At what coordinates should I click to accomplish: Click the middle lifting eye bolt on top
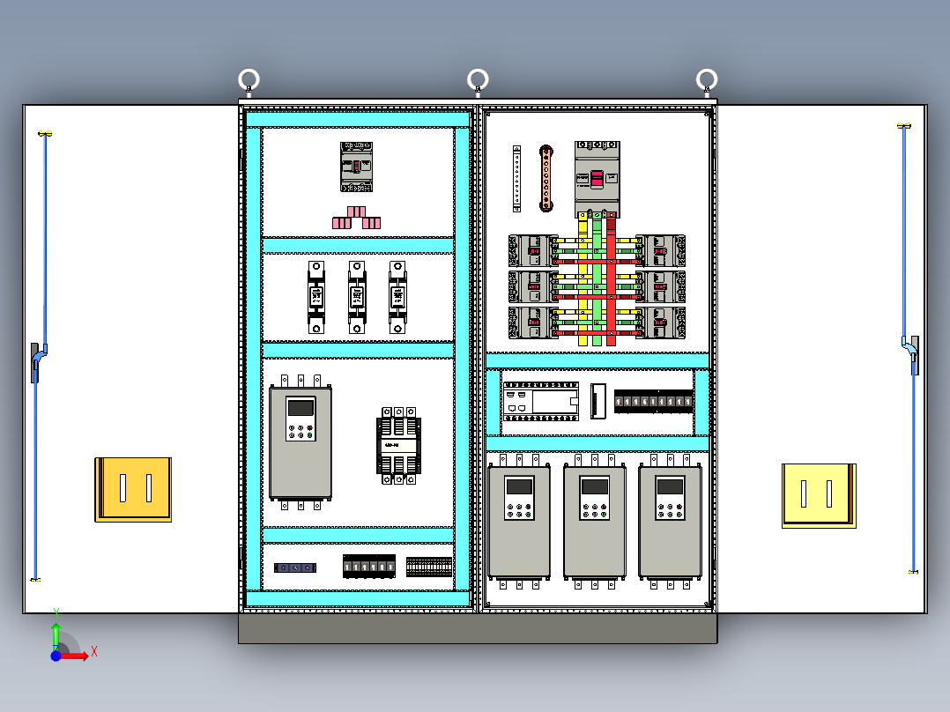click(478, 80)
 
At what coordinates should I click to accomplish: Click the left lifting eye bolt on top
click(249, 81)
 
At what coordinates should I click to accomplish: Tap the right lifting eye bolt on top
click(707, 80)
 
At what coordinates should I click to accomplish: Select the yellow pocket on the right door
click(819, 495)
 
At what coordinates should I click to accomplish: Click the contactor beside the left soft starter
click(398, 445)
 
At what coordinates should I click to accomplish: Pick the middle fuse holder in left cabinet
click(356, 297)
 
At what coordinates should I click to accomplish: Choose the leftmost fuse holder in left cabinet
click(316, 297)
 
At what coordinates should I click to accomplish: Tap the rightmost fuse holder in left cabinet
click(398, 297)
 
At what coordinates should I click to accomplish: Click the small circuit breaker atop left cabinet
click(357, 167)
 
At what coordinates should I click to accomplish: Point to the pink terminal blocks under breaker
click(357, 219)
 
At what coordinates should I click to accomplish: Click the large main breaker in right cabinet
click(597, 179)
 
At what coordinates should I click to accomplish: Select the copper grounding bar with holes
click(546, 179)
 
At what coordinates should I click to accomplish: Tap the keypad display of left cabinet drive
click(301, 407)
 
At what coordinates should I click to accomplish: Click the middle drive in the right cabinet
click(595, 521)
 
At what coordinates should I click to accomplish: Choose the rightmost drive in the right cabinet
click(670, 521)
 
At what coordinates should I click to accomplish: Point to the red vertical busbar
click(611, 282)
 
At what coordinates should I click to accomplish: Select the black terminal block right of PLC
click(652, 402)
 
